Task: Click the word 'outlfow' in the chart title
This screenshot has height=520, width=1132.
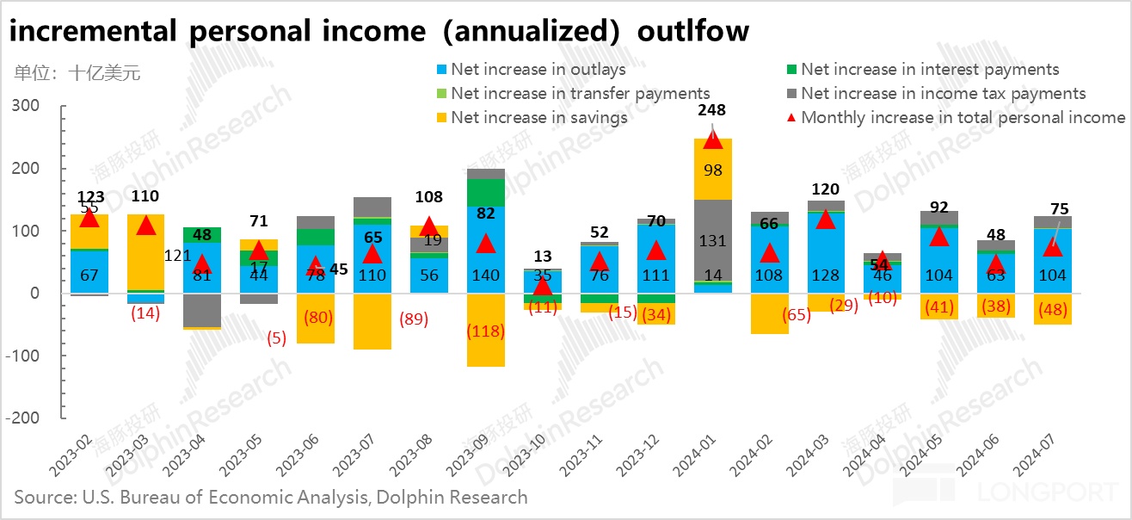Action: pos(693,31)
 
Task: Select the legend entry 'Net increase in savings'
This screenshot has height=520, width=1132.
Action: pos(539,118)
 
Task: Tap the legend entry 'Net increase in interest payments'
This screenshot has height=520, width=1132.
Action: pos(930,70)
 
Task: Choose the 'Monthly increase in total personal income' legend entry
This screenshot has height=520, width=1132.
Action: pos(963,118)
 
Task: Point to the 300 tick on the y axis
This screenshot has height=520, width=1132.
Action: pos(26,106)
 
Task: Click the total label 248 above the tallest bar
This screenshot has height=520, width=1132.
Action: pos(712,110)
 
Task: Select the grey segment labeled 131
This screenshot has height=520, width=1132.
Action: pos(712,241)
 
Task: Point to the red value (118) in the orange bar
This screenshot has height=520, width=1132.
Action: pos(486,331)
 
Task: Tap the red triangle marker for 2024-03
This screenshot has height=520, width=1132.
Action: pos(826,219)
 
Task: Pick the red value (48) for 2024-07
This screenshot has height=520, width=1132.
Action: pos(1051,310)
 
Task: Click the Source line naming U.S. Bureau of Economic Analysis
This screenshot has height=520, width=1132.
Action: pos(270,497)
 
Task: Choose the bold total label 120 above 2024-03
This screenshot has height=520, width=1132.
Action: pos(825,189)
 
